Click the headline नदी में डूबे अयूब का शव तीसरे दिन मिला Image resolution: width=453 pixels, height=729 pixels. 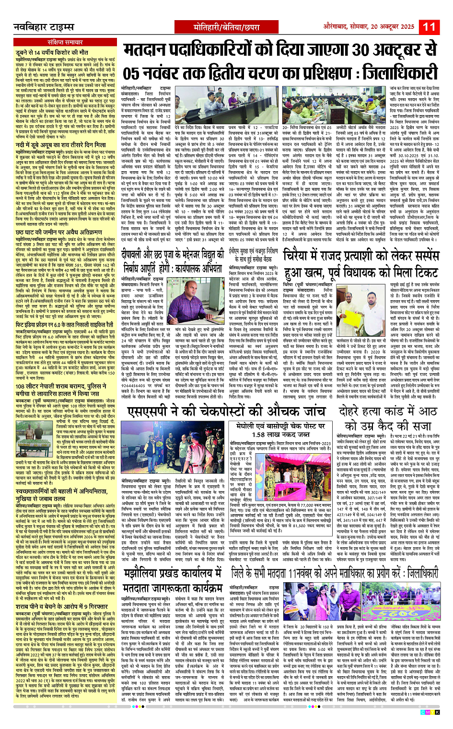[x=60, y=144]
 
